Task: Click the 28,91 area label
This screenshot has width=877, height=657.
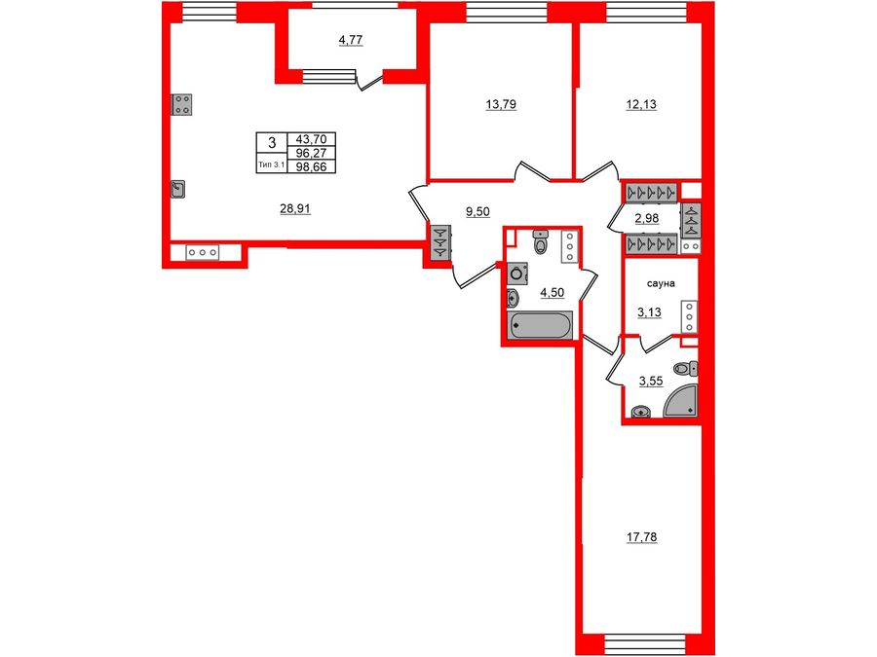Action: [x=294, y=209]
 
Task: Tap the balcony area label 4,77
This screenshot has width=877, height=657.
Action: [x=351, y=40]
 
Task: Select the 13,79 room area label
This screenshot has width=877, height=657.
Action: [x=501, y=104]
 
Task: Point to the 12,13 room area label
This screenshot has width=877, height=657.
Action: [x=641, y=104]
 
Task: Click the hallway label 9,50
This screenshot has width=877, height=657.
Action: [x=477, y=211]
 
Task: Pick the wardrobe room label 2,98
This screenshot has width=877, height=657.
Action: [x=646, y=218]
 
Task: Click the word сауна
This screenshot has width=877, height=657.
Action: [x=661, y=283]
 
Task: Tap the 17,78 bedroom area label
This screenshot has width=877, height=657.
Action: [x=641, y=537]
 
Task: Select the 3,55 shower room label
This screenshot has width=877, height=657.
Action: [x=651, y=381]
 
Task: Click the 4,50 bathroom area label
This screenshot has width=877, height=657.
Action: [x=552, y=292]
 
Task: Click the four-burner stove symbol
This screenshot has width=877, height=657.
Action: [x=181, y=104]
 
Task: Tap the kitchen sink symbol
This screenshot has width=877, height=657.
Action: [x=178, y=190]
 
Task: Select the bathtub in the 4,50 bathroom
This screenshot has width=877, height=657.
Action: [x=539, y=324]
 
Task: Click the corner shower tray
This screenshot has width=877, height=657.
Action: [x=683, y=402]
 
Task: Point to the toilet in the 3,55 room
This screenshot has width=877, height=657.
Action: [x=685, y=368]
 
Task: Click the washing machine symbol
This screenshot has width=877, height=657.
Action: [x=517, y=274]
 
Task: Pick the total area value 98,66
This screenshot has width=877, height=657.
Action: [x=311, y=166]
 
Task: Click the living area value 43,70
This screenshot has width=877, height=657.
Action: [x=311, y=139]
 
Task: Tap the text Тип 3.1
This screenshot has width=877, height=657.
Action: [x=272, y=164]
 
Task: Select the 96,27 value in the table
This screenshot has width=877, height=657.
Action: [x=311, y=153]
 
